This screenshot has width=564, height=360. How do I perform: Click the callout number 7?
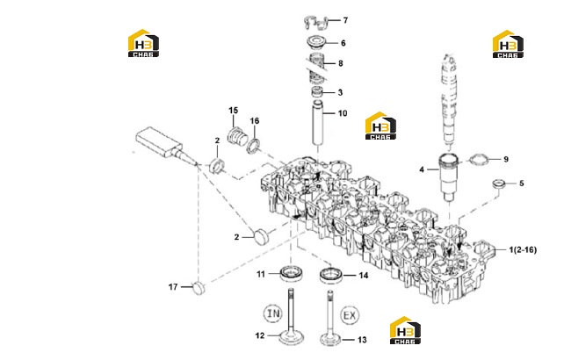[345, 20]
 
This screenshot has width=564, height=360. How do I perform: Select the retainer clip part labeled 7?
[315, 22]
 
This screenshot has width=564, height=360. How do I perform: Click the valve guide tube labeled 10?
[319, 123]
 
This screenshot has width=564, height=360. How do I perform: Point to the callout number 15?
[234, 110]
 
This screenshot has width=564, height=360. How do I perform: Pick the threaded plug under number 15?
[238, 135]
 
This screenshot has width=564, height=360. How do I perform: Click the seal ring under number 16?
[254, 145]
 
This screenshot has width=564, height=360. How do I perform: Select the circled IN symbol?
[273, 313]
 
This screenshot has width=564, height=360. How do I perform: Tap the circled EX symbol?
[350, 316]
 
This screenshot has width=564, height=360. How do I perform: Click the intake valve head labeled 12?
[291, 337]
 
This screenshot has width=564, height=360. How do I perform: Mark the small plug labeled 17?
[199, 288]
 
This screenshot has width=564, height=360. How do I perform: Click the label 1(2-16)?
[523, 249]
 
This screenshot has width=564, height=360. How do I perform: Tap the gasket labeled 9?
[479, 159]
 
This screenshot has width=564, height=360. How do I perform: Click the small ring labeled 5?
[498, 184]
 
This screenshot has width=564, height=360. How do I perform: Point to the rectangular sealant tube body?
[159, 141]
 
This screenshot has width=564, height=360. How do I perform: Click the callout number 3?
[340, 92]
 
